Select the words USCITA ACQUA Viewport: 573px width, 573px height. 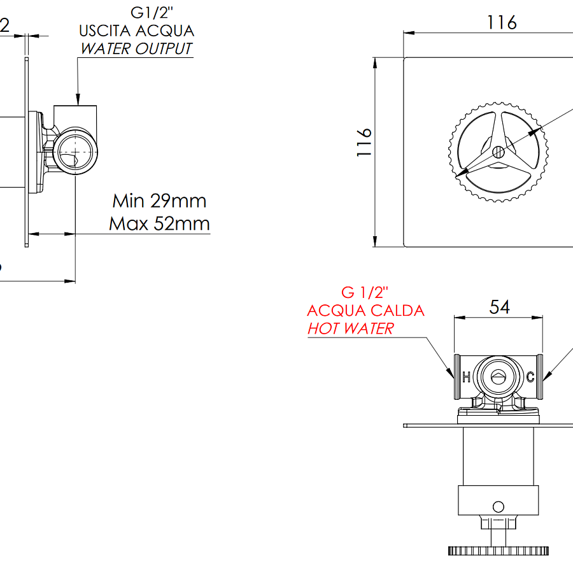[136, 30]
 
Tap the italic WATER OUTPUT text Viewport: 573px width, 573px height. [136, 48]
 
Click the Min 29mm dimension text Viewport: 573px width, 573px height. [159, 201]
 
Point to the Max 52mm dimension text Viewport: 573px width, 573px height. [159, 223]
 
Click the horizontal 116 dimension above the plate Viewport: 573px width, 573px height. [502, 23]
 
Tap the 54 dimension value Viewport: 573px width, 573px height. [499, 307]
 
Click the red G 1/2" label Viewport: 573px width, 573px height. [365, 293]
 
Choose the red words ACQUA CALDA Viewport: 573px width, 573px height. [365, 311]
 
